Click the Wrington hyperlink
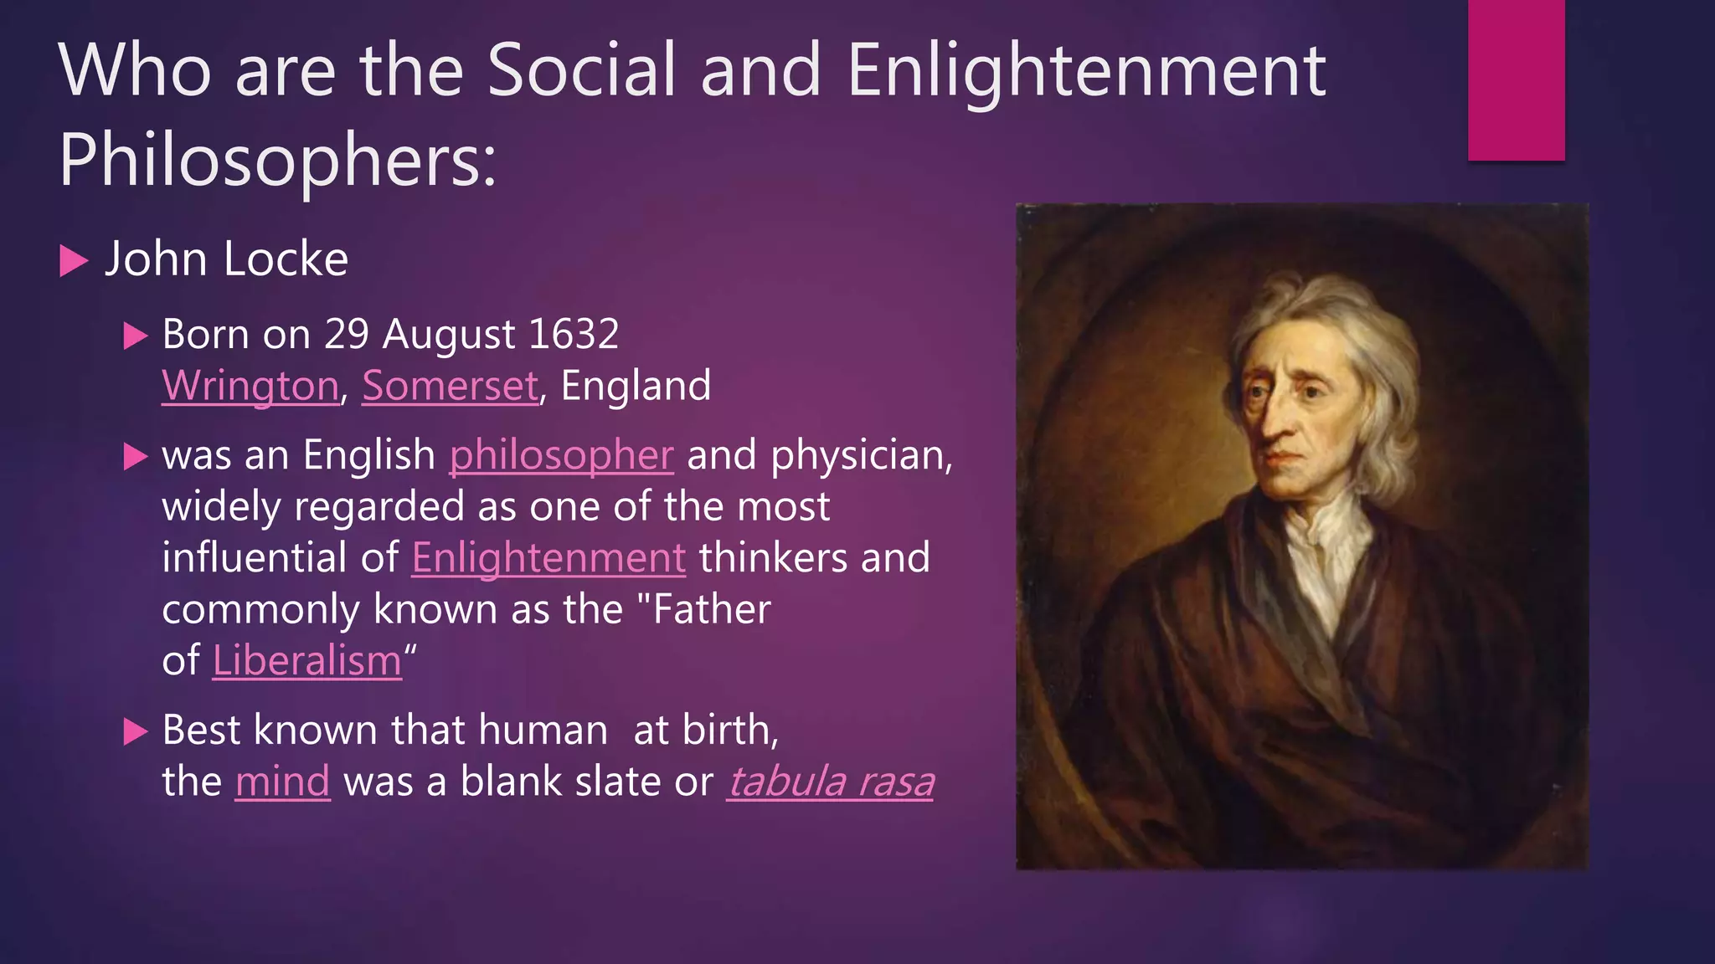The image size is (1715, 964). click(250, 386)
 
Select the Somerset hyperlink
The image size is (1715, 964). click(450, 386)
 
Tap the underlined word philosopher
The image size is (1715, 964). click(561, 455)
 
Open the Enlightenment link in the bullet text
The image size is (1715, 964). click(548, 558)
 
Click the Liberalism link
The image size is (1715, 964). click(307, 661)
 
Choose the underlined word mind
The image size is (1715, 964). click(282, 782)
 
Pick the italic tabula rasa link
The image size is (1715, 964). click(830, 782)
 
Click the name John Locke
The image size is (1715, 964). click(226, 259)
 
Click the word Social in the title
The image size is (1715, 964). click(581, 70)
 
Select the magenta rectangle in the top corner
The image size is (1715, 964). click(1516, 79)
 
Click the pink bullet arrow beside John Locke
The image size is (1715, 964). click(74, 261)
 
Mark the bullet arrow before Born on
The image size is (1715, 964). click(135, 336)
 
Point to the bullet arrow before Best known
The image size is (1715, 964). click(135, 731)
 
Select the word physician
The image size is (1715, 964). click(860, 455)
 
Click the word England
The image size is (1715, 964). click(636, 386)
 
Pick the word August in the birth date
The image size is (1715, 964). click(449, 335)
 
